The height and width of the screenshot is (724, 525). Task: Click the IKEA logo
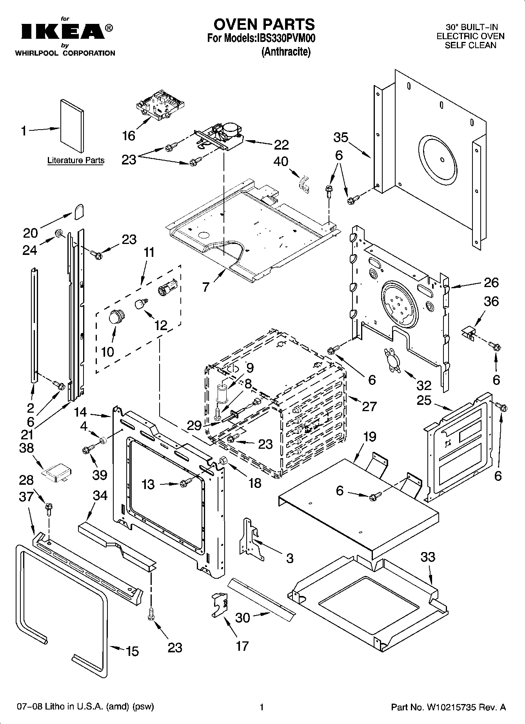click(63, 32)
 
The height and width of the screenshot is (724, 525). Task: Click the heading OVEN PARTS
click(264, 24)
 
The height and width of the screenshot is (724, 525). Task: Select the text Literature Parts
click(76, 160)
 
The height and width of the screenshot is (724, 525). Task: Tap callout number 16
click(129, 136)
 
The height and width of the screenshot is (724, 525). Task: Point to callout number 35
click(341, 137)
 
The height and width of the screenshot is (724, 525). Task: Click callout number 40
click(281, 161)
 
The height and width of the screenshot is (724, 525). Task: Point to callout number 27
click(369, 406)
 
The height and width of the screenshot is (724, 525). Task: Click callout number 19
click(369, 436)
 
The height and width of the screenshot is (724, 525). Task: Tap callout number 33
click(428, 556)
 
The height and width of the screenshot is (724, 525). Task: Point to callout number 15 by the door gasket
click(132, 651)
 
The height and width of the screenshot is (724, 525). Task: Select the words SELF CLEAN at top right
click(470, 45)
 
